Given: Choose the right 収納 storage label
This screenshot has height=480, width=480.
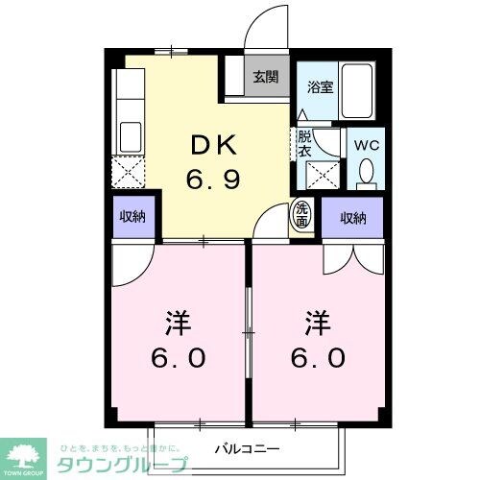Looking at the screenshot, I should (x=353, y=218).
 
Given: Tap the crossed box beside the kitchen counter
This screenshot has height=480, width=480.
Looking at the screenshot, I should (x=129, y=173).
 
